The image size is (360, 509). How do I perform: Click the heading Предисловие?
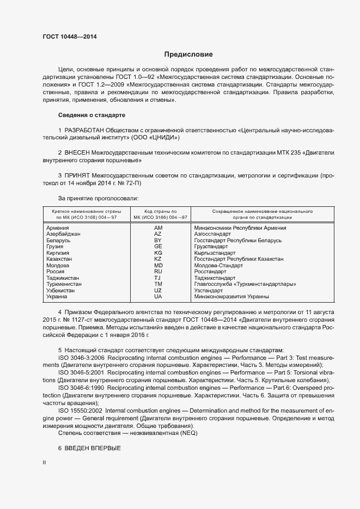coord(188,54)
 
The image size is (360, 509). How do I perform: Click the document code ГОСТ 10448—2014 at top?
coord(70,37)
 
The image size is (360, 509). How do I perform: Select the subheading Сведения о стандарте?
coord(91,115)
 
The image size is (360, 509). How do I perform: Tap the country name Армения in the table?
coord(57,228)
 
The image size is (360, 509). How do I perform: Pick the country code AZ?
coord(158,234)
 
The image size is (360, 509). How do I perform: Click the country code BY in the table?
coord(158,240)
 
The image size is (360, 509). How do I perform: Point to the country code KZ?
coord(158,259)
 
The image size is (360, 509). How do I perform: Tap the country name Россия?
coord(56,272)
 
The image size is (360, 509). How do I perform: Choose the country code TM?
coord(158,284)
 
